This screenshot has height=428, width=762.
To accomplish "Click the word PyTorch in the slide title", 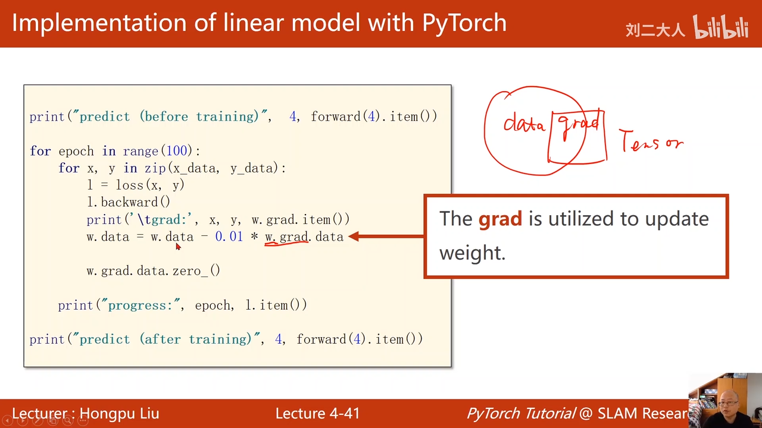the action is pos(464,23).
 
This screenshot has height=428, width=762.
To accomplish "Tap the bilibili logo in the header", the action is pos(721,27).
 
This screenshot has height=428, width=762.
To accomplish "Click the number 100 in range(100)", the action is pos(177,151).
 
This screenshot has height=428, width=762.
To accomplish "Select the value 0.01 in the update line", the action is pos(229,237).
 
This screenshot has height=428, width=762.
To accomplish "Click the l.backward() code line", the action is pos(129,202).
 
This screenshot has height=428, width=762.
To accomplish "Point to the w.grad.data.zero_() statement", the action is pos(154,270).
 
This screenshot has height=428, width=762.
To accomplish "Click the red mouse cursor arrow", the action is pos(178,247).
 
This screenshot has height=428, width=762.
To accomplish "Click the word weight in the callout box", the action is pos(472,253).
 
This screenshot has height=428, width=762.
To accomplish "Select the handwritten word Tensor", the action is pos(651,140).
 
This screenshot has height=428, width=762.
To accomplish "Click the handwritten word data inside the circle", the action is pos(524,123).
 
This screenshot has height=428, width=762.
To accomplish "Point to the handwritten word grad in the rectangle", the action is pos(579,125).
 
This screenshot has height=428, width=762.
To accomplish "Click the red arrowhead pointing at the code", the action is pos(354,237).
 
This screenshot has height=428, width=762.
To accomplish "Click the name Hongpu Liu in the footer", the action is pos(120,414).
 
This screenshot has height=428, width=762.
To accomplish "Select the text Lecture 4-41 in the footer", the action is pos(317,413).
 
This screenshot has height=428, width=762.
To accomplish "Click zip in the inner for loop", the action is pos(155,168).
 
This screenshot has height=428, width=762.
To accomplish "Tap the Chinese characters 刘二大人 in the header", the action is pos(655,30).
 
